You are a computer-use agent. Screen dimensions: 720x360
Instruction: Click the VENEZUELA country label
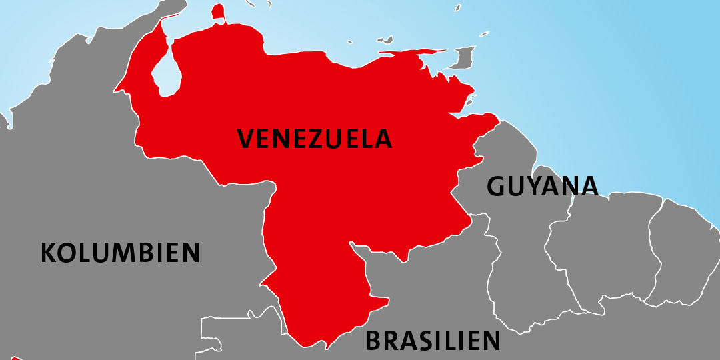click(315, 139)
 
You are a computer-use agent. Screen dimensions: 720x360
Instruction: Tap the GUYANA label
click(542, 186)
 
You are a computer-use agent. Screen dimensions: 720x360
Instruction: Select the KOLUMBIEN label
click(120, 253)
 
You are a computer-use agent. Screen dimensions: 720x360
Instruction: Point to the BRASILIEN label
click(432, 341)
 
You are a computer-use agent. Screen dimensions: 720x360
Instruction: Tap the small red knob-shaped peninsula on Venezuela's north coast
click(218, 12)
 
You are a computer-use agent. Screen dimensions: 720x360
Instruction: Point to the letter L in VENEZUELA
click(366, 139)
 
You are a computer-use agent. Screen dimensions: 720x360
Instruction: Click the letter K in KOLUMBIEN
click(49, 253)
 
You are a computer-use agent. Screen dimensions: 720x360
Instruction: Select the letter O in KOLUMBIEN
click(67, 253)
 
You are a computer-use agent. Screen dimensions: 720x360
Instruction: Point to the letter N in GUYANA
click(568, 186)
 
